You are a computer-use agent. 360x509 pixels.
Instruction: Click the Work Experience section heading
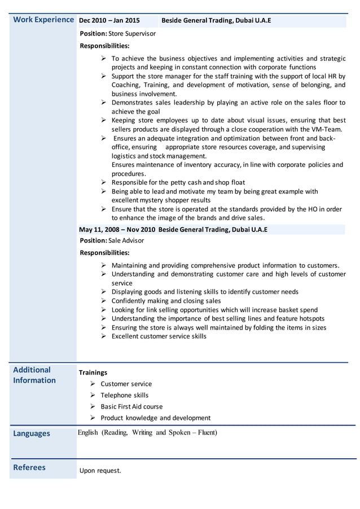43,20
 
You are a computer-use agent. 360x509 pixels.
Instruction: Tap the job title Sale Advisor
126,240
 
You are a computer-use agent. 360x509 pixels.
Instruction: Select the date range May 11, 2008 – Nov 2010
117,230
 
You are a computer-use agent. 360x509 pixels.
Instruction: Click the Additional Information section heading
34,375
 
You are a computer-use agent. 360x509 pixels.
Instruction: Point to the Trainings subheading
93,372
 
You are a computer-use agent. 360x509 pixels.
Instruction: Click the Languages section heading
31,433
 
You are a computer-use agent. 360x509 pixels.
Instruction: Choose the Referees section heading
29,467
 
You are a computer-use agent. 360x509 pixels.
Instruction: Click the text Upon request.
100,471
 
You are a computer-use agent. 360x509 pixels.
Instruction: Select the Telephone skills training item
124,395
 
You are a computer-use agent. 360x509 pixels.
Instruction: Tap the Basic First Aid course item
131,406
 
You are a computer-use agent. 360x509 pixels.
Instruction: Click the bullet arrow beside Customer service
92,384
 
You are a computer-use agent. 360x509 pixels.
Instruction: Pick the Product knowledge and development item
155,418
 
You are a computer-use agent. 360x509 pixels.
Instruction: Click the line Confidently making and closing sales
166,301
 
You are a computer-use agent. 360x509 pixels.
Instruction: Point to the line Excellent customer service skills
159,336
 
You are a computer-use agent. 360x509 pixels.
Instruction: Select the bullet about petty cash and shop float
178,183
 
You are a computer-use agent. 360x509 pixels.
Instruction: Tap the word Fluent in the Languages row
204,433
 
